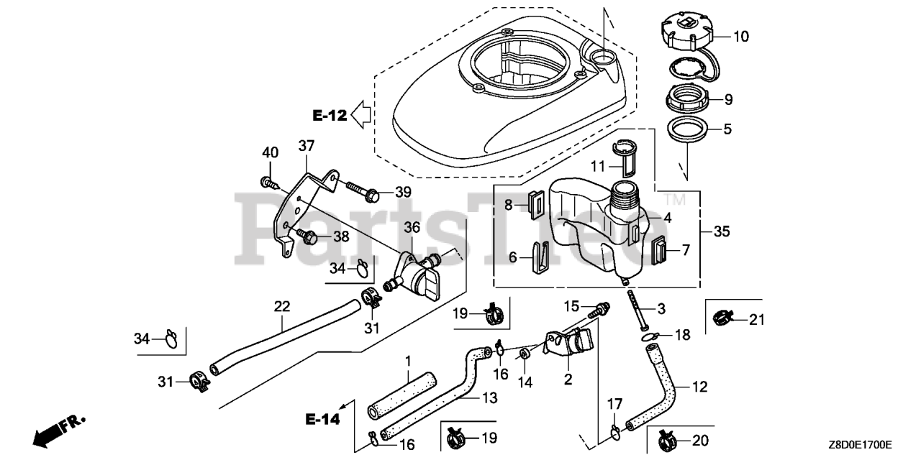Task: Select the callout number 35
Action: [721, 231]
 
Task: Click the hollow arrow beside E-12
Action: [363, 113]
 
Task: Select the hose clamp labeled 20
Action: [664, 437]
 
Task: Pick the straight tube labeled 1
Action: [403, 395]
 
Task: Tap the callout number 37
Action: [307, 147]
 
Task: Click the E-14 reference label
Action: [320, 418]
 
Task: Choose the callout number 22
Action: [281, 307]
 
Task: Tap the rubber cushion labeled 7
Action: [659, 251]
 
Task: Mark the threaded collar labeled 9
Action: [685, 98]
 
